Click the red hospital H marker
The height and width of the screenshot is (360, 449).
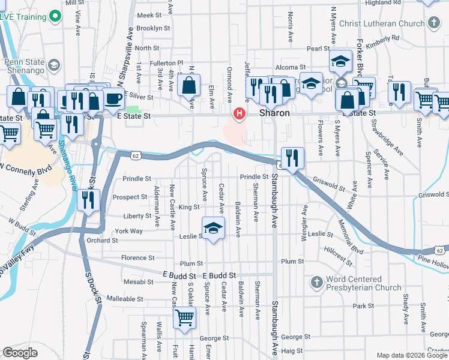click(x=240, y=113)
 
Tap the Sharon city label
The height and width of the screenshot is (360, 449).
click(x=275, y=113)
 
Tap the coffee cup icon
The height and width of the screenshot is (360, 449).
click(x=113, y=99)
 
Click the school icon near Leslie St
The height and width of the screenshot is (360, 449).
click(x=212, y=229)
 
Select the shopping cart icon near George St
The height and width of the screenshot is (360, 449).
click(x=185, y=317)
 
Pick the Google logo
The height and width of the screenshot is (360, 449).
click(x=20, y=352)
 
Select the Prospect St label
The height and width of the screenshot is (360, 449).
click(x=130, y=197)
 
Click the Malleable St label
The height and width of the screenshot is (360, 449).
click(x=124, y=298)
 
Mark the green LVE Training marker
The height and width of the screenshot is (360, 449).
click(x=56, y=16)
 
